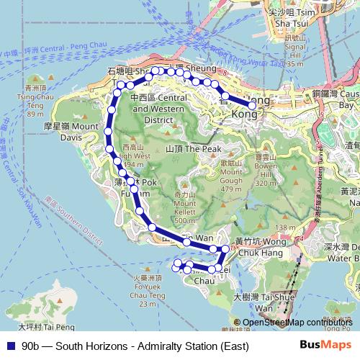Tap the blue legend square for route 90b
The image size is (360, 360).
(x=9, y=346)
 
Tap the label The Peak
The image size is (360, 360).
(x=192, y=148)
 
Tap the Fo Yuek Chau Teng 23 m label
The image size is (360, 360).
(x=147, y=289)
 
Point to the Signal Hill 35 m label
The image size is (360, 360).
(x=295, y=50)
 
